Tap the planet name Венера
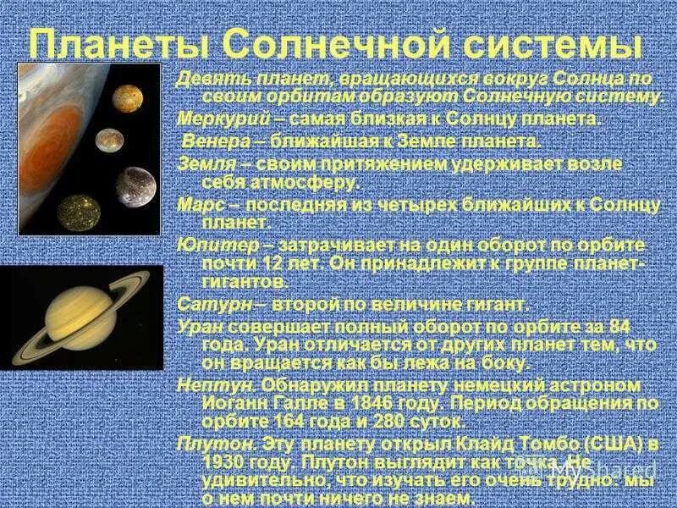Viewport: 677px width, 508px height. tap(211, 141)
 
